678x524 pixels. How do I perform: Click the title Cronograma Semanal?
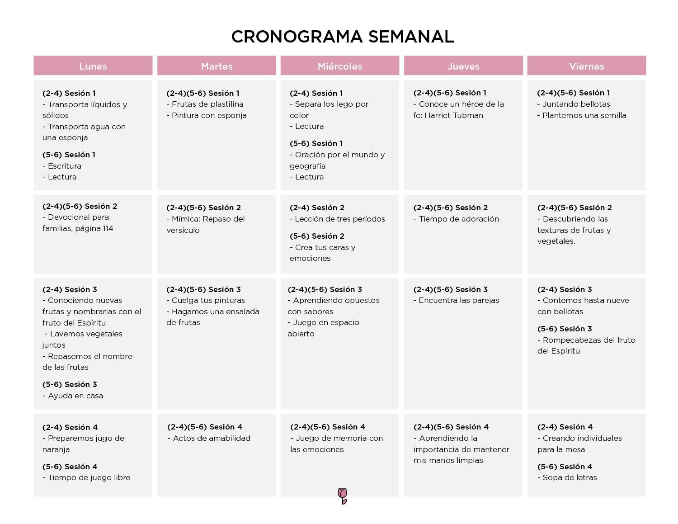(x=342, y=37)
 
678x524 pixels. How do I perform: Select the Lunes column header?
(x=93, y=66)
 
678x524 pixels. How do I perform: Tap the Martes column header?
(x=217, y=66)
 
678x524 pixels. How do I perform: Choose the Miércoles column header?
(x=340, y=66)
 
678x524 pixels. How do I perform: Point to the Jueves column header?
(x=463, y=66)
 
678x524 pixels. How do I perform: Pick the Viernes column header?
(x=587, y=66)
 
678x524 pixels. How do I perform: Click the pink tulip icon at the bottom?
(x=343, y=496)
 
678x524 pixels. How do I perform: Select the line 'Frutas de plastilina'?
(x=207, y=104)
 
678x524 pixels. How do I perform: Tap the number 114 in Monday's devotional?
(x=108, y=228)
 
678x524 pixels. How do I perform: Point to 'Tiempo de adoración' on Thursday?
(x=458, y=219)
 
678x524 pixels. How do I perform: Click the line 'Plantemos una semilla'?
(x=584, y=115)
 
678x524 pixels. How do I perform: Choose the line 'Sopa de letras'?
(x=570, y=477)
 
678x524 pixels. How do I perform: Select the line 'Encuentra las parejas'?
(x=458, y=300)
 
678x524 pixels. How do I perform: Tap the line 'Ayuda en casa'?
(x=75, y=396)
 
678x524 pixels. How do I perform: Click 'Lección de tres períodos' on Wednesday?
(x=339, y=219)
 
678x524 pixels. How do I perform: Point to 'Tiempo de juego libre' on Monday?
(x=89, y=477)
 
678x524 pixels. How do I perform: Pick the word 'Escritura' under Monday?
(x=64, y=166)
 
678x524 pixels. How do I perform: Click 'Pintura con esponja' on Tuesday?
(x=209, y=115)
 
